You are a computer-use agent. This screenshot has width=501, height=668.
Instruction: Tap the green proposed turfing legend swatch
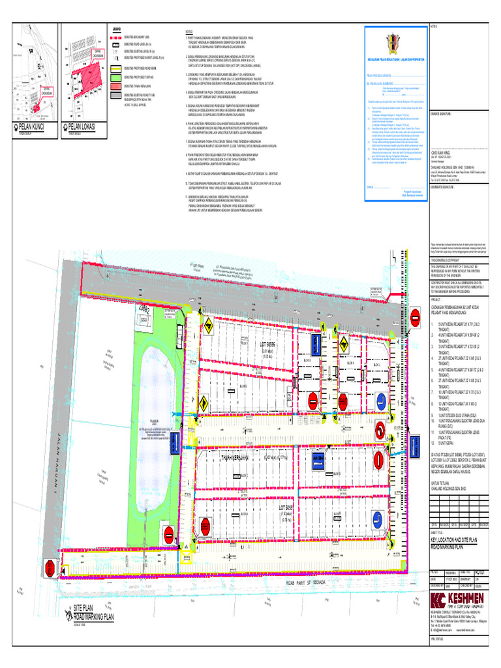pyautogui.click(x=115, y=76)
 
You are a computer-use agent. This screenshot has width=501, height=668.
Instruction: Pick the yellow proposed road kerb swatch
pyautogui.click(x=115, y=67)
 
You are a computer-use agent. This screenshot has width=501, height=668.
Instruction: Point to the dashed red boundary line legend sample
pyautogui.click(x=115, y=37)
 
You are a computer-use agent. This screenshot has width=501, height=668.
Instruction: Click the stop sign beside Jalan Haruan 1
pyautogui.click(x=50, y=569)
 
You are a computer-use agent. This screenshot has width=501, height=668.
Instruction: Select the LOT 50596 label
pyautogui.click(x=269, y=344)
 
